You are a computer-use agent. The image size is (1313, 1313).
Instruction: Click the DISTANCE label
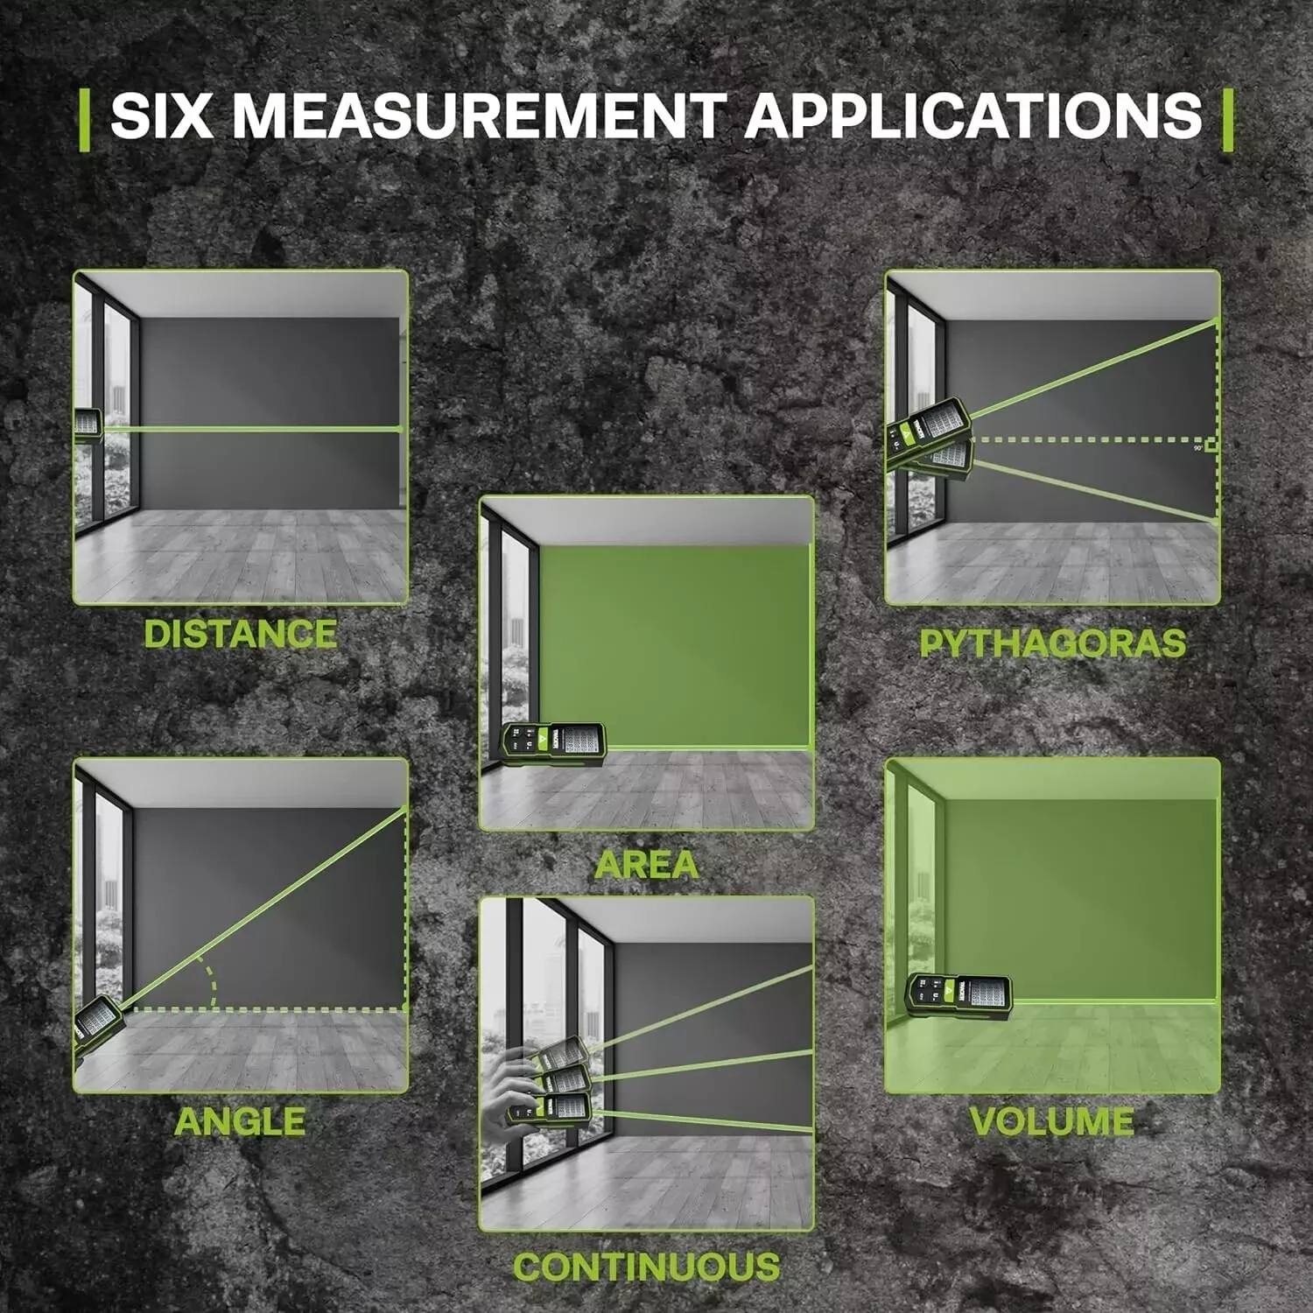coord(241,635)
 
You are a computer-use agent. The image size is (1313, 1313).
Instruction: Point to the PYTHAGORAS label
coord(1053,643)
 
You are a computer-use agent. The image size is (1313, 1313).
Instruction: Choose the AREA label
coord(647,865)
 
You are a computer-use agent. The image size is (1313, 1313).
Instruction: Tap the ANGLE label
coord(241,1121)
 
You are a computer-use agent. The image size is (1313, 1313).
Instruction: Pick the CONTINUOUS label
coord(647,1267)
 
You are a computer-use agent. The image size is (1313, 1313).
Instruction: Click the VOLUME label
coord(1053,1121)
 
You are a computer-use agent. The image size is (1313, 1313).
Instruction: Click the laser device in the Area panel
coord(553,745)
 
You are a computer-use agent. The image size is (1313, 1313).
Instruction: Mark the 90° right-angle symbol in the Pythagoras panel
coord(1211,446)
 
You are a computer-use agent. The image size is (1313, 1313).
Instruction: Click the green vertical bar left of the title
coord(84,119)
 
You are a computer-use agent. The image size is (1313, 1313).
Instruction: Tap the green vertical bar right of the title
coord(1227,119)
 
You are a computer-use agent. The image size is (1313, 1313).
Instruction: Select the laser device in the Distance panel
coord(88,425)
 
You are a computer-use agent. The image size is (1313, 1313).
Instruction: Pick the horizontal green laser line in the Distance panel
coord(253,429)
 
